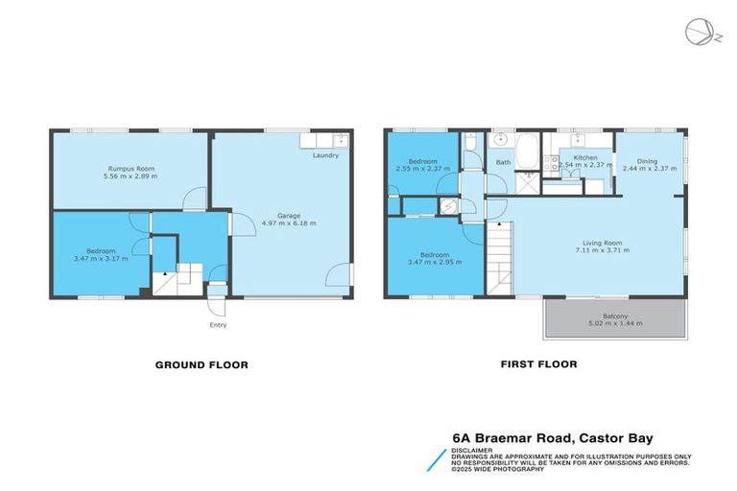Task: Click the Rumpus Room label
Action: (131, 169)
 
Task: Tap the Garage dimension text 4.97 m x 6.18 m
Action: (289, 223)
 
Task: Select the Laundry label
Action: (325, 155)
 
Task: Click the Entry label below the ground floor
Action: (218, 325)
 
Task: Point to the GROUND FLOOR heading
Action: (202, 365)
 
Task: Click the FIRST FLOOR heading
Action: (538, 364)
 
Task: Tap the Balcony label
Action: (615, 316)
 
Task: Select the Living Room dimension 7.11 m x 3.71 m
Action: (603, 250)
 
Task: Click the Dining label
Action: (647, 161)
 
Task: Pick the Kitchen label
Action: (585, 158)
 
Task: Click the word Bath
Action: (504, 163)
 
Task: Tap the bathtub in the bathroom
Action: (529, 151)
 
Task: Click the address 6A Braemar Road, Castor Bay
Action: (553, 438)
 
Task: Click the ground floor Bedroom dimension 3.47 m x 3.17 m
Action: (101, 258)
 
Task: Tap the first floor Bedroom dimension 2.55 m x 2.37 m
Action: (423, 168)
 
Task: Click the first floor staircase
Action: (499, 258)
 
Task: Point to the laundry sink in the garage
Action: (341, 140)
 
